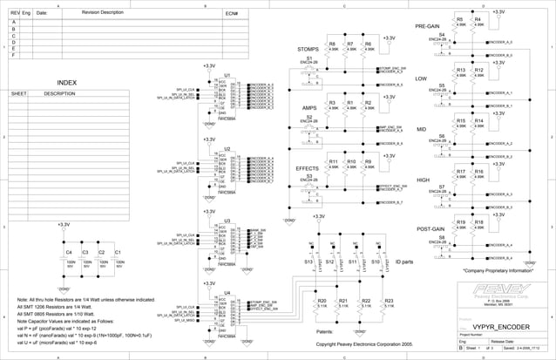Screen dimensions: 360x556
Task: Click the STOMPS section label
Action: tap(309, 50)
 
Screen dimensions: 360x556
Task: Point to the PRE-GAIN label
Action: tap(431, 25)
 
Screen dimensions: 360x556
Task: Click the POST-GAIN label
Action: tap(433, 228)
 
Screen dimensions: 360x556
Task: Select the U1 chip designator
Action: tap(227, 76)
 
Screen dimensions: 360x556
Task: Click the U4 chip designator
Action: tap(227, 293)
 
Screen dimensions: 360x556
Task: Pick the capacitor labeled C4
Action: tap(69, 253)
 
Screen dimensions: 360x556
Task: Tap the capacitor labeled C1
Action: tap(118, 253)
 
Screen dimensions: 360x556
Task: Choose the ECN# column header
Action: tap(232, 14)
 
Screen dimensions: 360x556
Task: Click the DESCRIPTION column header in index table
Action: tap(59, 93)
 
